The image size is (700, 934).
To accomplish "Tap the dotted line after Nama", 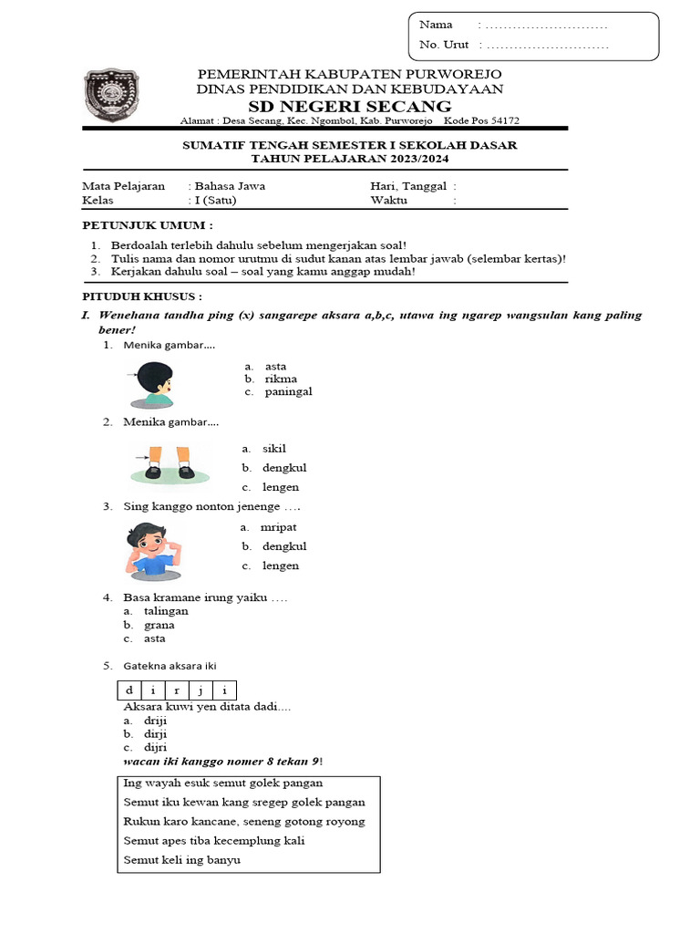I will (x=544, y=25).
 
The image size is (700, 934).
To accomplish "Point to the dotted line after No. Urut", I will (x=544, y=45).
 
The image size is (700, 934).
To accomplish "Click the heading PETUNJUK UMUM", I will (x=148, y=224).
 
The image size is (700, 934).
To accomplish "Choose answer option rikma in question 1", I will (x=281, y=379).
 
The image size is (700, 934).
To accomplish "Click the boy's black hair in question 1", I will (x=156, y=374).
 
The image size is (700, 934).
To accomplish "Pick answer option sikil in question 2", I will (x=274, y=449).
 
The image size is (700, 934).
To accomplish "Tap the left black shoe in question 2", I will (x=153, y=471).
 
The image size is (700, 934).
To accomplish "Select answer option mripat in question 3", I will (x=278, y=527).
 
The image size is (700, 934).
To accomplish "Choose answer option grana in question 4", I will (x=159, y=625).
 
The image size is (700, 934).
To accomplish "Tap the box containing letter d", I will (x=129, y=690).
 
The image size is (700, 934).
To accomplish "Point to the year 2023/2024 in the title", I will (x=417, y=159).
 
